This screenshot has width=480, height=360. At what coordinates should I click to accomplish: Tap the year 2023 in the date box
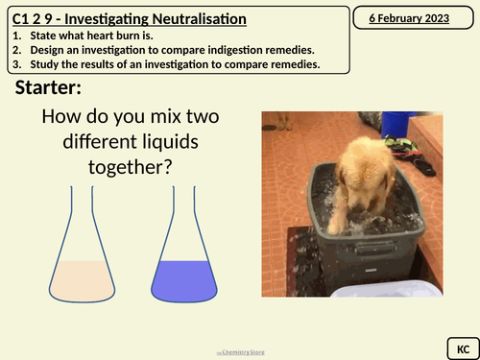[x=442, y=16]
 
